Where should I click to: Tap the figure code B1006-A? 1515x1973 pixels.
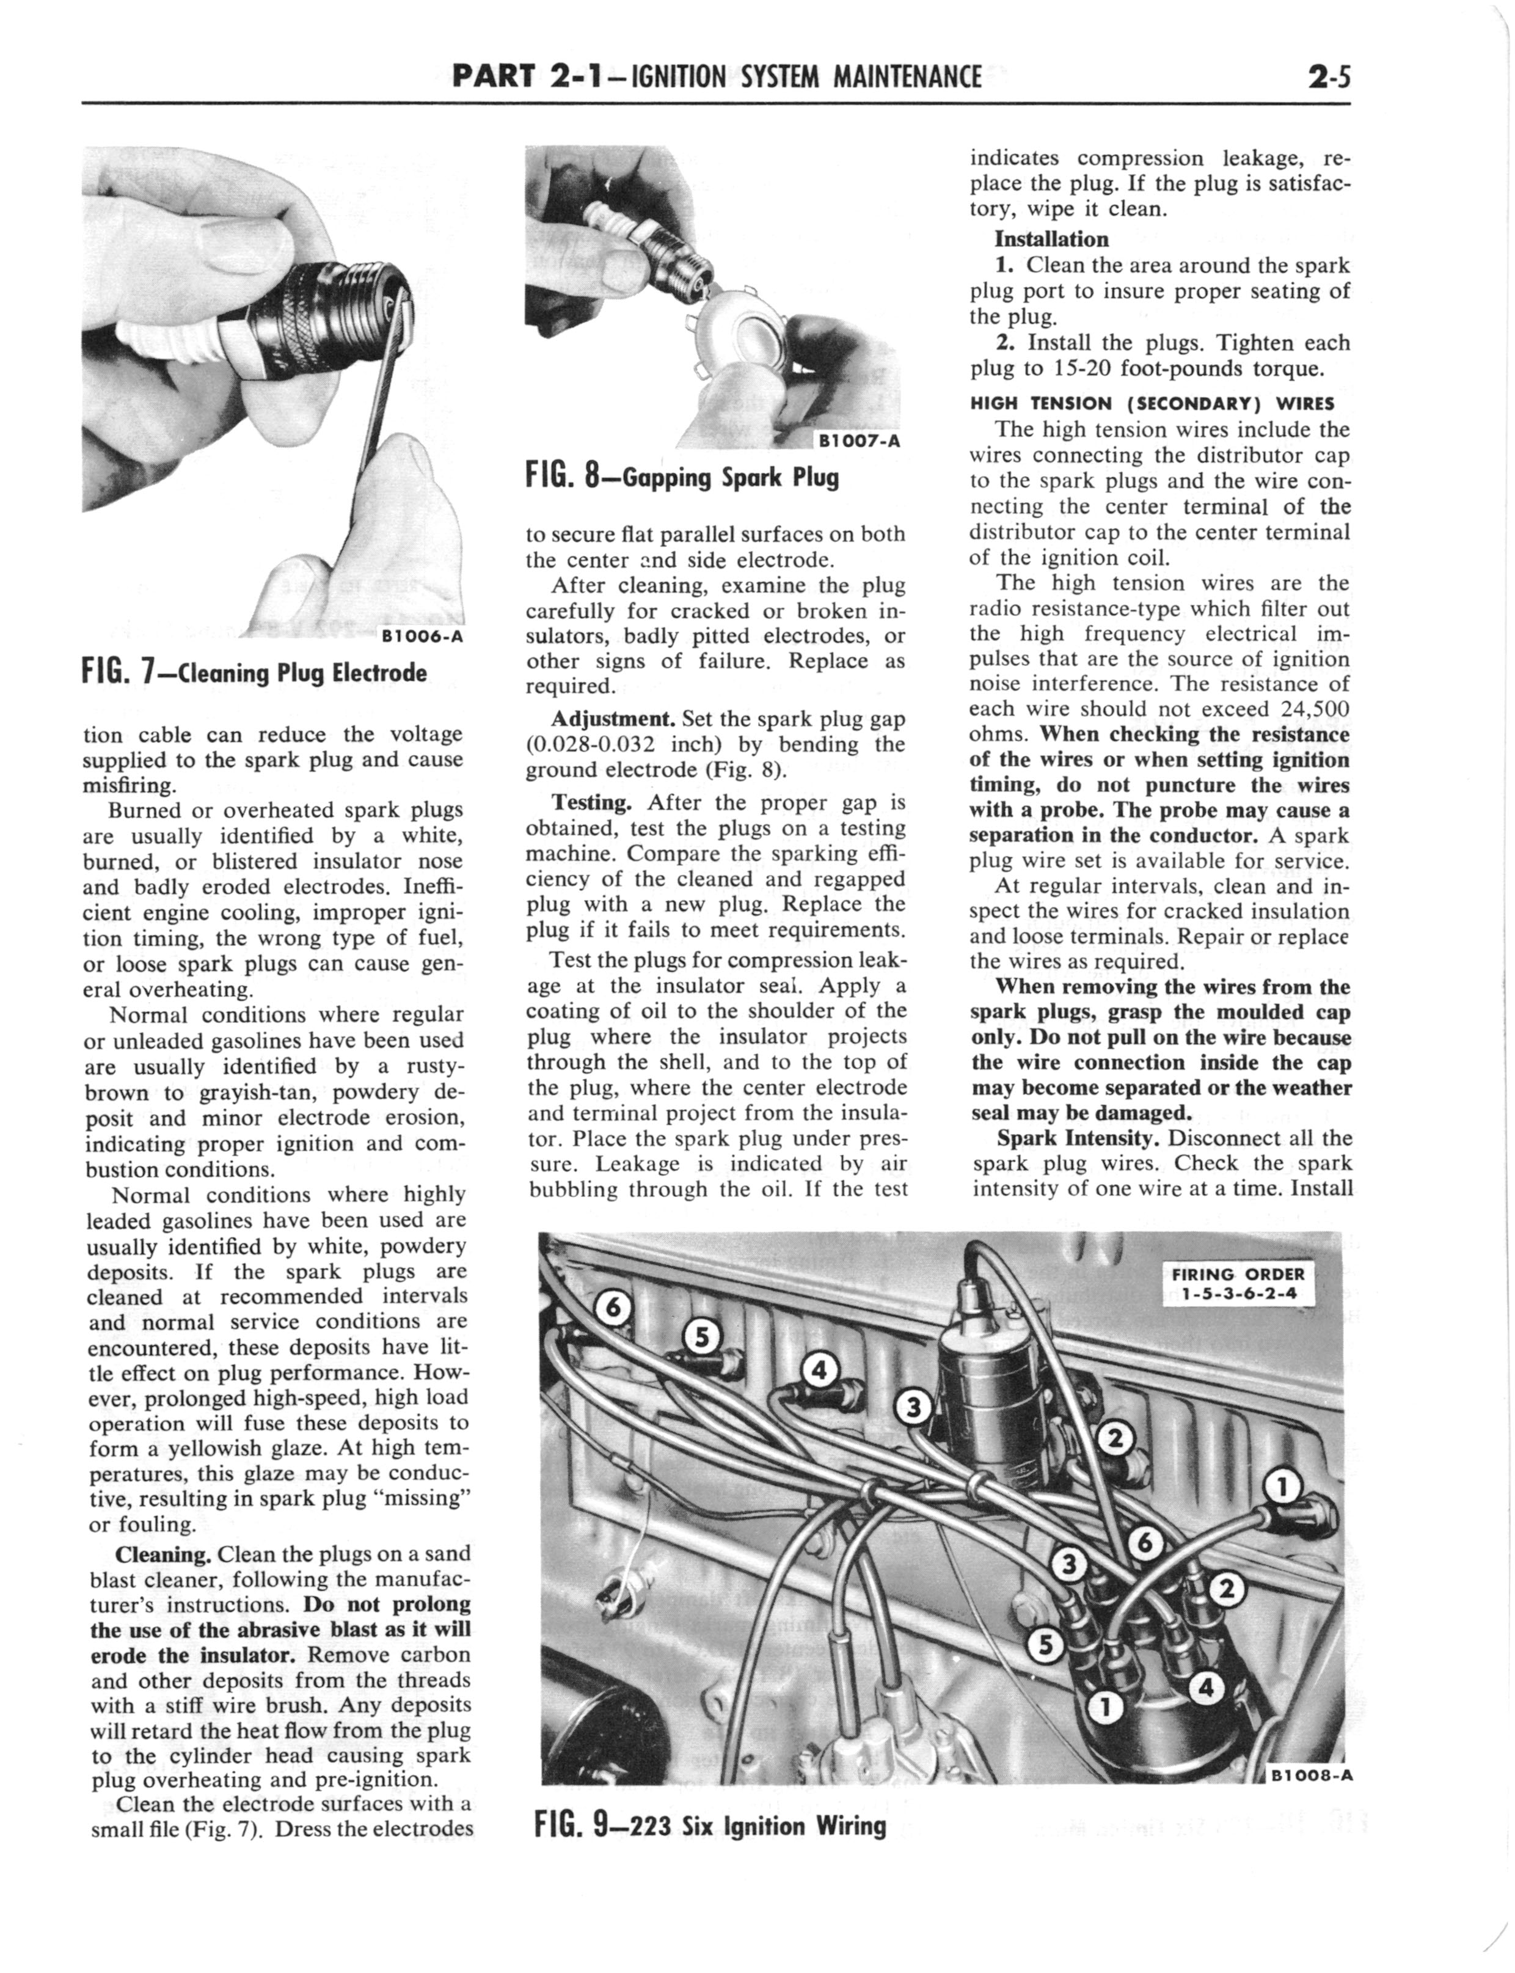[421, 635]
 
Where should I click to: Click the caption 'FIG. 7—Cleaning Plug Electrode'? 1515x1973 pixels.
[254, 673]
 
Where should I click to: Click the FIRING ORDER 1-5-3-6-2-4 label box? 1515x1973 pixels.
[1237, 1283]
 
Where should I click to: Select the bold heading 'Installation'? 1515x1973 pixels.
[1051, 239]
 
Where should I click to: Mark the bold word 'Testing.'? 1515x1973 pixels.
[591, 802]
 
